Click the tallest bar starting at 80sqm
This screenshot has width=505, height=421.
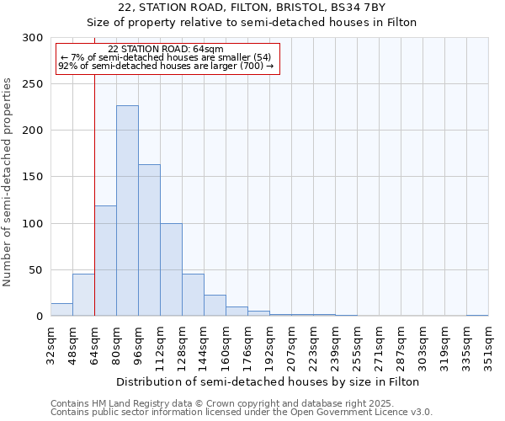127,210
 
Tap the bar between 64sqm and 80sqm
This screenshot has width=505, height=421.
105,261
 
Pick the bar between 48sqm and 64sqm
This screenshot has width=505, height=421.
83,295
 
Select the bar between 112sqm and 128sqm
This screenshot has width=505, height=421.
171,269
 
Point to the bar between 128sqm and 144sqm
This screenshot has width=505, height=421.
193,295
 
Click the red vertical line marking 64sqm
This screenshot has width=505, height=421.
94,168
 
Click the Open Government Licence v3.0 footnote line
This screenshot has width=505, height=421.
242,413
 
